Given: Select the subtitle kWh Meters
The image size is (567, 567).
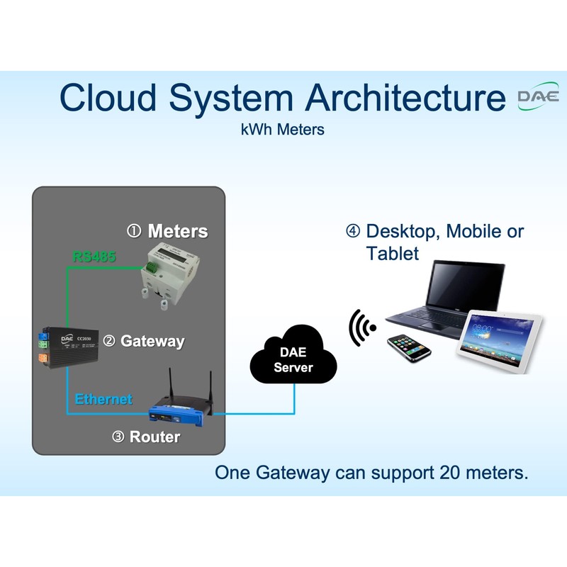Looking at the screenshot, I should [x=283, y=130].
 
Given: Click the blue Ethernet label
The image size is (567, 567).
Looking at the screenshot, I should [x=103, y=399].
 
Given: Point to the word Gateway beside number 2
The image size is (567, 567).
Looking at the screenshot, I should [x=152, y=341].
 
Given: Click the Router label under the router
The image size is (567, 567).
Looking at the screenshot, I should [x=155, y=437].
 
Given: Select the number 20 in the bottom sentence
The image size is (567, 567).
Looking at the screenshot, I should [x=450, y=472].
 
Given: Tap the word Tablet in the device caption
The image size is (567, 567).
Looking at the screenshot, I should [x=393, y=253].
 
